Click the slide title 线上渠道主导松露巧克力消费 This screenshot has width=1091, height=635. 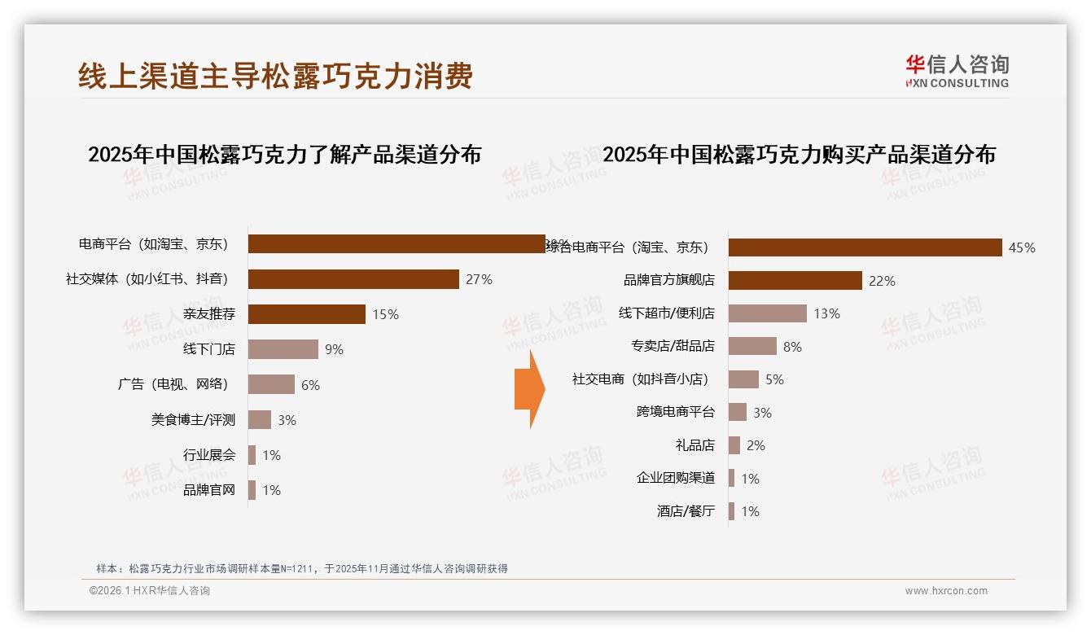tap(275, 77)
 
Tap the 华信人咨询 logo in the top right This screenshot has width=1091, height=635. tap(957, 71)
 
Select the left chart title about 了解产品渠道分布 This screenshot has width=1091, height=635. tap(284, 154)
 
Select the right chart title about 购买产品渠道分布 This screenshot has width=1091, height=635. tap(799, 154)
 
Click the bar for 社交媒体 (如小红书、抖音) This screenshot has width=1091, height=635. tap(353, 279)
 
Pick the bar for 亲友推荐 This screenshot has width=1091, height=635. tap(306, 314)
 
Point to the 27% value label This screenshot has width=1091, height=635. tap(479, 279)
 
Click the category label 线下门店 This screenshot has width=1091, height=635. tap(209, 349)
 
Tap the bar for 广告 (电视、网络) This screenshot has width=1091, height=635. tap(271, 384)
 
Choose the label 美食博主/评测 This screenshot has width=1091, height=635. tap(193, 420)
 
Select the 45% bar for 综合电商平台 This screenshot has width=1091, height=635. tap(865, 247)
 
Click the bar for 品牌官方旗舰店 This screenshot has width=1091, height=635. tap(795, 281)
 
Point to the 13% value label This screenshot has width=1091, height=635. tap(826, 313)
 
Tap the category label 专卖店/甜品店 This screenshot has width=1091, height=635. tap(673, 346)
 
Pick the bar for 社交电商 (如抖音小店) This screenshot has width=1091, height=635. tap(743, 379)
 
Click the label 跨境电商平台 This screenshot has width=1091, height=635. tap(675, 412)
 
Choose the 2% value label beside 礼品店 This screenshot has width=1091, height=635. tap(756, 445)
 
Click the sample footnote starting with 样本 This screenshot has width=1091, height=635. tap(302, 568)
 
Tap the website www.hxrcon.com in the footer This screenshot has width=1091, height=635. tap(946, 591)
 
